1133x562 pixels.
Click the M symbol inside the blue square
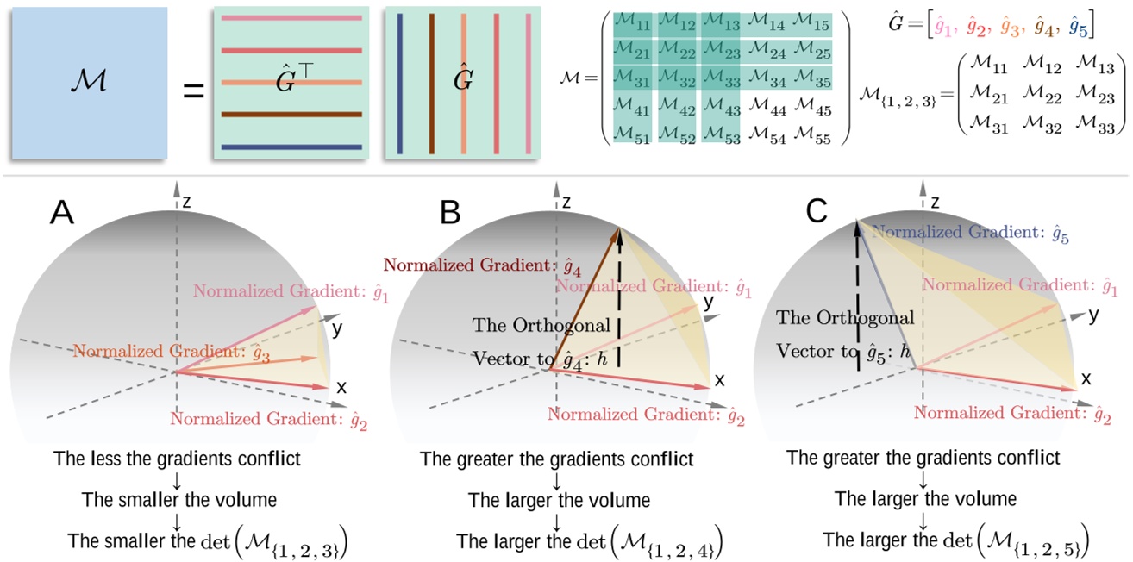tap(89, 84)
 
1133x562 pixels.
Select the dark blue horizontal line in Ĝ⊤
tap(291, 147)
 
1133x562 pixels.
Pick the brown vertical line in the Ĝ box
tap(430, 83)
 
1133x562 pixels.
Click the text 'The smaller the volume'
tap(176, 499)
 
